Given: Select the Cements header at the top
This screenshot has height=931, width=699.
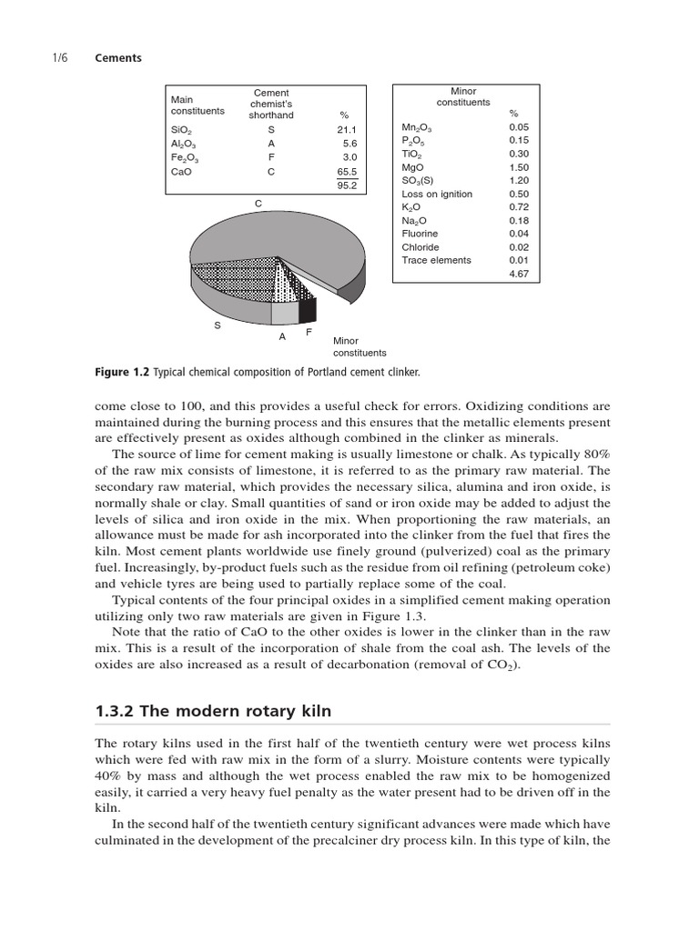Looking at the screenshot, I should [x=118, y=57].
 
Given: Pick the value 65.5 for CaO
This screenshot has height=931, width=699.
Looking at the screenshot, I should [x=347, y=171].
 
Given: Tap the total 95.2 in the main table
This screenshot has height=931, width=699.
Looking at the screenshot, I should [x=347, y=185].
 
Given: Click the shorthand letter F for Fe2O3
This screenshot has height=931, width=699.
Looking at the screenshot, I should [x=271, y=157].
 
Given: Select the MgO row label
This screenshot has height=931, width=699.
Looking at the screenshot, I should [x=413, y=167].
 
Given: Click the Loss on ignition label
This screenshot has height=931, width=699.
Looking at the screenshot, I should [x=437, y=194].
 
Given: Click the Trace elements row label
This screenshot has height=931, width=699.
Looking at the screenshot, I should [x=436, y=260].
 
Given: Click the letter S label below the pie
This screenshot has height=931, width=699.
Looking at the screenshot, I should [x=217, y=325].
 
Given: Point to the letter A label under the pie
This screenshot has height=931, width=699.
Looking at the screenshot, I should [x=282, y=336].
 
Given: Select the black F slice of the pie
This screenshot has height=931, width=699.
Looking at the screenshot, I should [x=308, y=309].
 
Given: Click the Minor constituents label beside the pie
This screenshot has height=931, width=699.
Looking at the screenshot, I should [x=360, y=346].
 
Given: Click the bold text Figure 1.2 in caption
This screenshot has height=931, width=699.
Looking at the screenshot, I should [x=122, y=372].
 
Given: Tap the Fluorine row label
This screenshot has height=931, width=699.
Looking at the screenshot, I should [x=420, y=234].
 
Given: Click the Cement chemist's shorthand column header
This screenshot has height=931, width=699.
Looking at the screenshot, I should [x=271, y=104].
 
